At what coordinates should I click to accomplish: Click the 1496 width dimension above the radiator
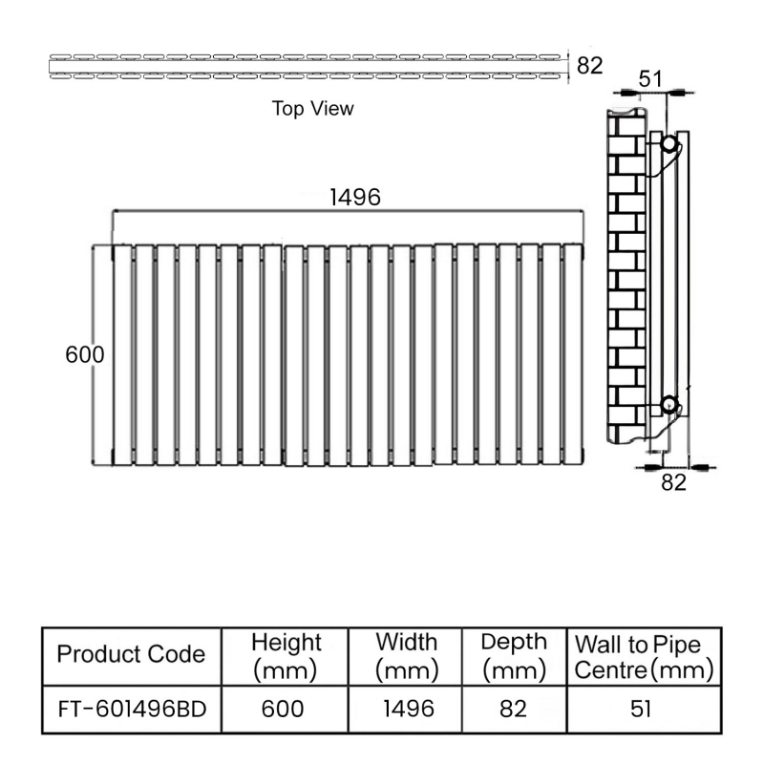[x=355, y=198]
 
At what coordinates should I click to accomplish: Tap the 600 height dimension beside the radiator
[x=84, y=353]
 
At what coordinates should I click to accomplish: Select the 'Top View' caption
[x=312, y=109]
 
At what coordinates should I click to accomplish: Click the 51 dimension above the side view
[x=650, y=79]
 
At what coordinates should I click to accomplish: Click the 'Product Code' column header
[x=131, y=654]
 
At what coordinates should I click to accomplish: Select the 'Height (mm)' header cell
[x=286, y=655]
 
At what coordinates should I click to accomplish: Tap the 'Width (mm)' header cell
[x=406, y=655]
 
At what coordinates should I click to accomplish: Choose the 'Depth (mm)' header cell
[x=514, y=655]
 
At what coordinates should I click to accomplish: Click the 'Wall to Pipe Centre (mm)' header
[x=644, y=656]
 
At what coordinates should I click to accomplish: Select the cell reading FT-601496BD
[x=131, y=710]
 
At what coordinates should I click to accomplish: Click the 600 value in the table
[x=285, y=710]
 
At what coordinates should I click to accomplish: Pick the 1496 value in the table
[x=406, y=710]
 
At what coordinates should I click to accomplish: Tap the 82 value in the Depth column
[x=514, y=710]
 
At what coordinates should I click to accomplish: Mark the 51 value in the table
[x=644, y=710]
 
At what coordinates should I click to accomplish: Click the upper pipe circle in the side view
[x=669, y=145]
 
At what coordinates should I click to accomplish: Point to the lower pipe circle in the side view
[x=669, y=404]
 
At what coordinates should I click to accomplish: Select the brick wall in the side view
[x=626, y=277]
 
